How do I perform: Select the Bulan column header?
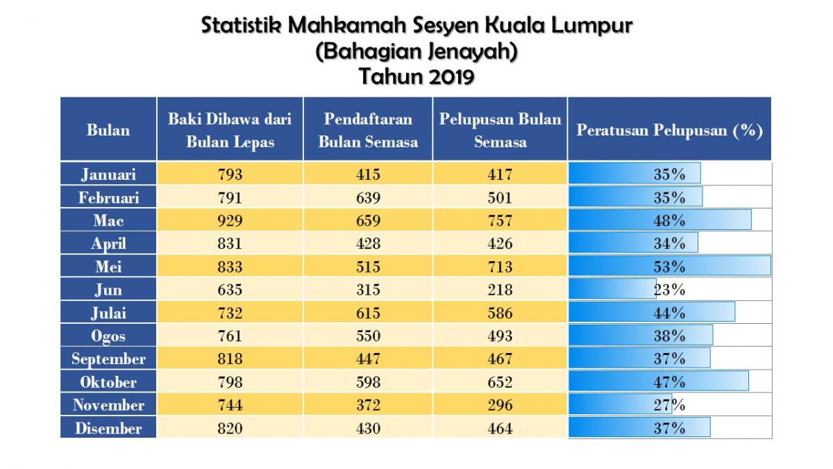[x=108, y=130]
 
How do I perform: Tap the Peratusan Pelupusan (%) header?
[x=669, y=130]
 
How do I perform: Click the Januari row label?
[x=108, y=174]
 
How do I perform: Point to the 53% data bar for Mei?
[x=669, y=267]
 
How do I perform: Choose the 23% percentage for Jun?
[x=669, y=290]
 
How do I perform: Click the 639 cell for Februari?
[x=368, y=198]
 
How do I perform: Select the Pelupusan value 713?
[x=500, y=267]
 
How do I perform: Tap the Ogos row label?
[x=108, y=336]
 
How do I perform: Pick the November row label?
[x=108, y=405]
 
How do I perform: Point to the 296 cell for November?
[x=500, y=405]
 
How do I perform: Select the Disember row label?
[x=108, y=428]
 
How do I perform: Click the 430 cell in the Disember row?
[x=368, y=428]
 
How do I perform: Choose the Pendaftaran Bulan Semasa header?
[x=368, y=130]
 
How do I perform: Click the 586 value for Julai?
[x=500, y=313]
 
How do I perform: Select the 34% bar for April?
[x=633, y=244]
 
